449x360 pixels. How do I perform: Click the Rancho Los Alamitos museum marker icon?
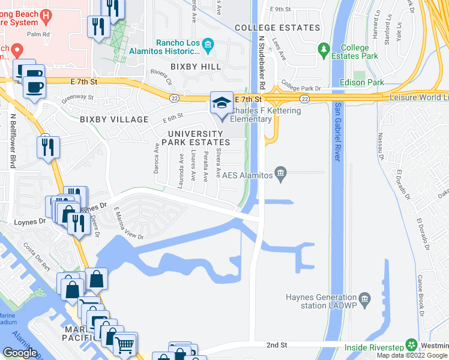(208, 43)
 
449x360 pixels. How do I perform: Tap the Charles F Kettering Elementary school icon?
(221, 103)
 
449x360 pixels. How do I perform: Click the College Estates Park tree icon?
(324, 48)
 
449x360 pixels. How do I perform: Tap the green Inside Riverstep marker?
(411, 345)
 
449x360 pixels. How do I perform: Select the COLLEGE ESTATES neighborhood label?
(277, 28)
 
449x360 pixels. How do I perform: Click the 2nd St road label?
(277, 345)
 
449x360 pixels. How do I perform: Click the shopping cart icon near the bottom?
(124, 344)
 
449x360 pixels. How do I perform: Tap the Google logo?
(20, 353)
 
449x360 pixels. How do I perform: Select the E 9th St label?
(280, 10)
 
